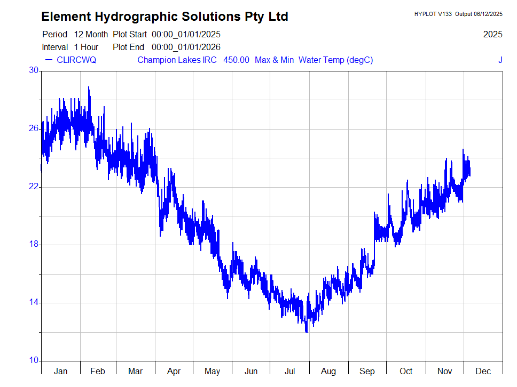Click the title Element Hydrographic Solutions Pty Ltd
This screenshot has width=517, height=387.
[x=164, y=17]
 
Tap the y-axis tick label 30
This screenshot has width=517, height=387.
[x=34, y=70]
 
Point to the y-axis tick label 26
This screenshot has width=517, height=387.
[x=34, y=128]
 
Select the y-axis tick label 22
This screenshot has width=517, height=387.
[x=34, y=187]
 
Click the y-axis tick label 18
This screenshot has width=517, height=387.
[x=34, y=245]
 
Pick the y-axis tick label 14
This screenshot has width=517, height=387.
[x=34, y=303]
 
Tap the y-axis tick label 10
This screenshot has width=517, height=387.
[x=34, y=361]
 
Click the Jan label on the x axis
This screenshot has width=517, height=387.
[x=60, y=371]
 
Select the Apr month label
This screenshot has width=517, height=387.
[x=174, y=371]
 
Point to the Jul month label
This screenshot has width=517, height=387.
[x=290, y=371]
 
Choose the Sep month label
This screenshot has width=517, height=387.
[x=367, y=371]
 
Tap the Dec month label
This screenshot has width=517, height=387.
[x=483, y=371]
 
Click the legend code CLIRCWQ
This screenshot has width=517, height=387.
[x=76, y=60]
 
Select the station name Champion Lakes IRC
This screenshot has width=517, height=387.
[x=177, y=60]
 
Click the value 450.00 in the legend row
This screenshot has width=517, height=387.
[x=236, y=60]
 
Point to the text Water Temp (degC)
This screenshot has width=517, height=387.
[x=335, y=60]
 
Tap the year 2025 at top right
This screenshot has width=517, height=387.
[x=492, y=35]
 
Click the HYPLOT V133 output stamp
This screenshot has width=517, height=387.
[x=458, y=14]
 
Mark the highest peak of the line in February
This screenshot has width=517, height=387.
[x=89, y=87]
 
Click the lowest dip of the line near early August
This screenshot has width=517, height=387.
[x=307, y=333]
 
